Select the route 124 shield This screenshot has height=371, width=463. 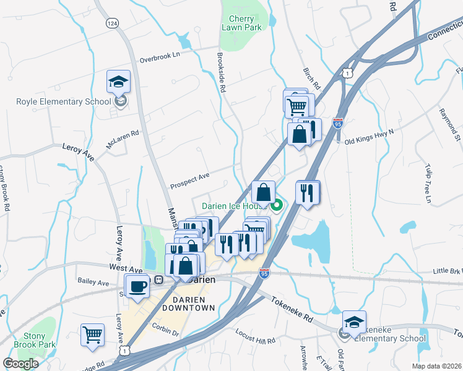pos(112,23)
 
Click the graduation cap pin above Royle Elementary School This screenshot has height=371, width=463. pos(118,82)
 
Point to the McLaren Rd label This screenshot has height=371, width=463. pos(123,138)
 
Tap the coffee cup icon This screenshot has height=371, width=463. pos(137,286)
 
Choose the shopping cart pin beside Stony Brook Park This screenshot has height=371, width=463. pos(92,335)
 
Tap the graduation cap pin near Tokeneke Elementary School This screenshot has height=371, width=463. pos(354,322)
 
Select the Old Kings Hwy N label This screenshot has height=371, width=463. pos(369,135)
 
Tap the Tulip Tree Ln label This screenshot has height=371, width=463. pos(426,182)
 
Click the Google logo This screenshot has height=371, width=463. pos(20,364)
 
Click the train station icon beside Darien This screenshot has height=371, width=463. pos(158,279)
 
